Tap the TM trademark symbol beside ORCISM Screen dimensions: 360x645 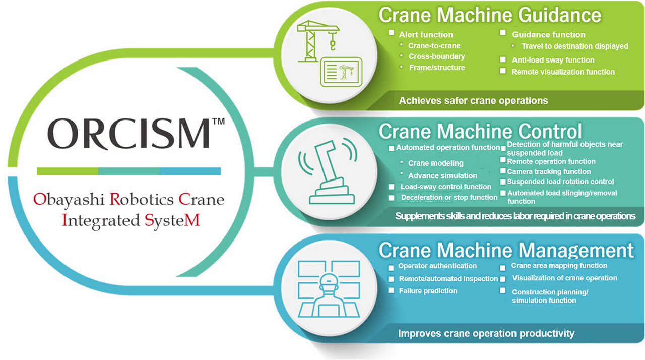(218, 122)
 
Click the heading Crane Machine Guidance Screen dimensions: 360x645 (490, 15)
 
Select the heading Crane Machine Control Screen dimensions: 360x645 (480, 131)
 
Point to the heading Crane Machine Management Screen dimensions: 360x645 (506, 250)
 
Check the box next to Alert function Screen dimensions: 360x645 (391, 33)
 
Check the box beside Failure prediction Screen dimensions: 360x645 (391, 290)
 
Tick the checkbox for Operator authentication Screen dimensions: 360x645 (391, 267)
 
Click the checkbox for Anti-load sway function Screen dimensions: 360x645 (503, 59)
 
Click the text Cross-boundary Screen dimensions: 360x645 (436, 56)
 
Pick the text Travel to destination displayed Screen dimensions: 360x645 (575, 46)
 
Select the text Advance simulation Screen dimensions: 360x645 (442, 175)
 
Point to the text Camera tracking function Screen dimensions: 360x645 (549, 171)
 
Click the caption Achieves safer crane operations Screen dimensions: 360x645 (473, 100)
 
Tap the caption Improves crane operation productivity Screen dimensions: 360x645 (486, 333)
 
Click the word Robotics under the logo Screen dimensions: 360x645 (144, 199)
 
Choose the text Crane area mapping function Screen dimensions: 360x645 (559, 266)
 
